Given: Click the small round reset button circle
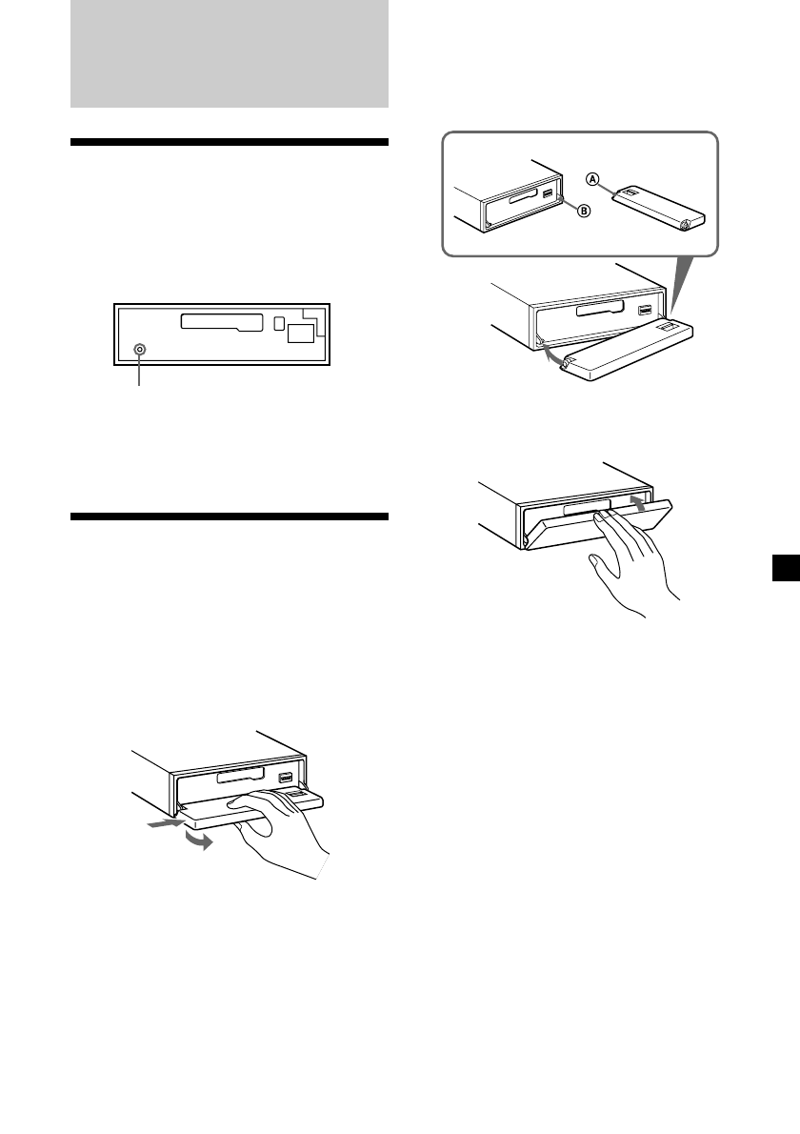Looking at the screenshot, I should click(x=140, y=350).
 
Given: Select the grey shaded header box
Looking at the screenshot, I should click(x=230, y=53).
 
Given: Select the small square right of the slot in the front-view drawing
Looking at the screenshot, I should click(x=278, y=323).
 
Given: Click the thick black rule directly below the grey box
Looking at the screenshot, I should click(x=230, y=143).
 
